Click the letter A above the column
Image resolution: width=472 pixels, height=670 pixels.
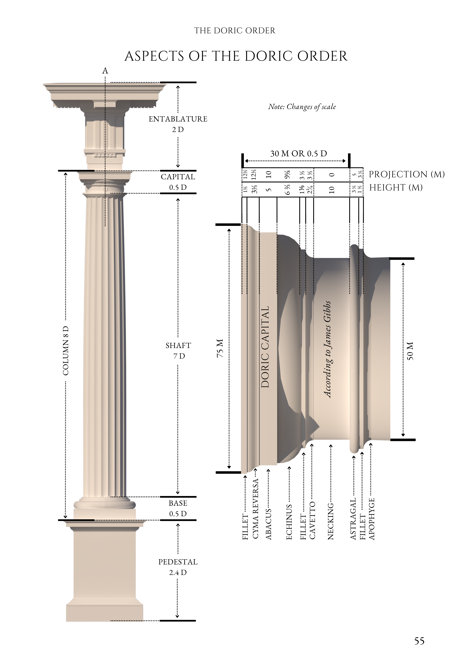pyautogui.click(x=105, y=71)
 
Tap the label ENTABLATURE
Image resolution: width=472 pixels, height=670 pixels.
pyautogui.click(x=178, y=119)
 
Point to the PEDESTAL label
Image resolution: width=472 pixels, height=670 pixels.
pyautogui.click(x=178, y=562)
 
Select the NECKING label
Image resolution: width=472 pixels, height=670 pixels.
pyautogui.click(x=331, y=521)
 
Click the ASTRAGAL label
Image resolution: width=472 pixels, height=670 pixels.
pyautogui.click(x=353, y=519)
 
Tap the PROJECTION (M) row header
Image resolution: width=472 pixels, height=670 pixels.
pyautogui.click(x=407, y=174)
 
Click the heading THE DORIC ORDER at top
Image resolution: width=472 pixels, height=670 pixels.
pyautogui.click(x=235, y=31)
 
